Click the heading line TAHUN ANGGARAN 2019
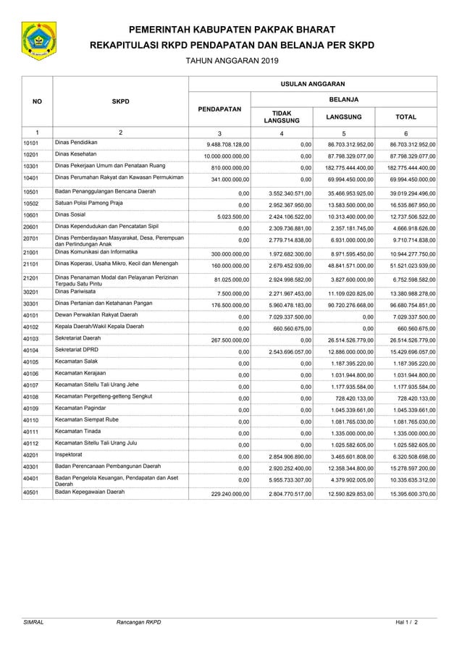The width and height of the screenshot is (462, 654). click(231, 63)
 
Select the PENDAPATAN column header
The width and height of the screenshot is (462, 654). click(219, 109)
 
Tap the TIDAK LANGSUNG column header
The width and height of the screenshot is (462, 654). click(281, 117)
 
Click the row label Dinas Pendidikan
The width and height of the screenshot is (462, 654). click(76, 143)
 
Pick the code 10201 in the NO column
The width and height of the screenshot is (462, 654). click(30, 155)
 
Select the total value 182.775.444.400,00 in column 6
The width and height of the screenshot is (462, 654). click(408, 168)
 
